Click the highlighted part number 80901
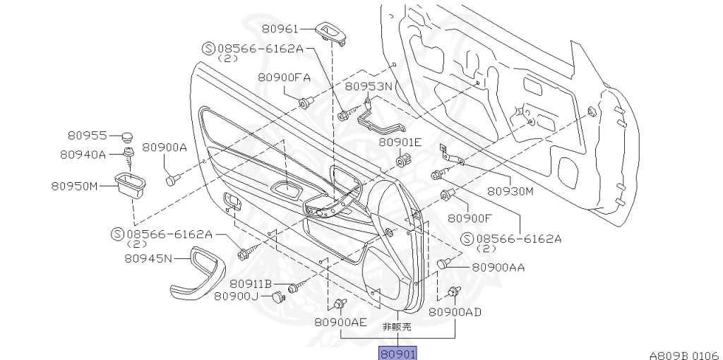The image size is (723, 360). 398,353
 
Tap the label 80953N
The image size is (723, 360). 368,86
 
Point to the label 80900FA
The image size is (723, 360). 285,78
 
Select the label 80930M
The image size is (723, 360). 510,190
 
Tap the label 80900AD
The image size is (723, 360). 455,311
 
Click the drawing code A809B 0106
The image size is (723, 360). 683,355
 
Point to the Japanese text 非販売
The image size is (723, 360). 397,327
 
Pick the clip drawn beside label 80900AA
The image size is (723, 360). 444,264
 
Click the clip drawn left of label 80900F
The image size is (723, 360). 446,196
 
